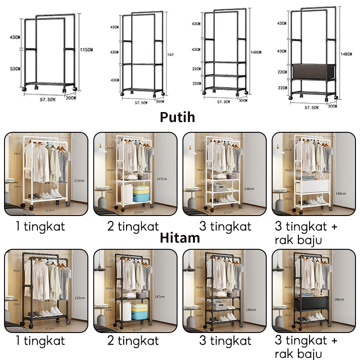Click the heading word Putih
[x=178, y=117]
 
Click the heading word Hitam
[x=180, y=238]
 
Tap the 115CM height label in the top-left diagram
[x=85, y=49]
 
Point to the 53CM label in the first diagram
[x=15, y=68]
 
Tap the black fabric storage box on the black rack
[x=313, y=304]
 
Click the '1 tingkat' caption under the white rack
[x=40, y=226]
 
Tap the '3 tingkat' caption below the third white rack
[x=225, y=226]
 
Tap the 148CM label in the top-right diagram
[x=346, y=54]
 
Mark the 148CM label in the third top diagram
[x=256, y=52]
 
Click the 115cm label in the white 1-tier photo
[x=79, y=180]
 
